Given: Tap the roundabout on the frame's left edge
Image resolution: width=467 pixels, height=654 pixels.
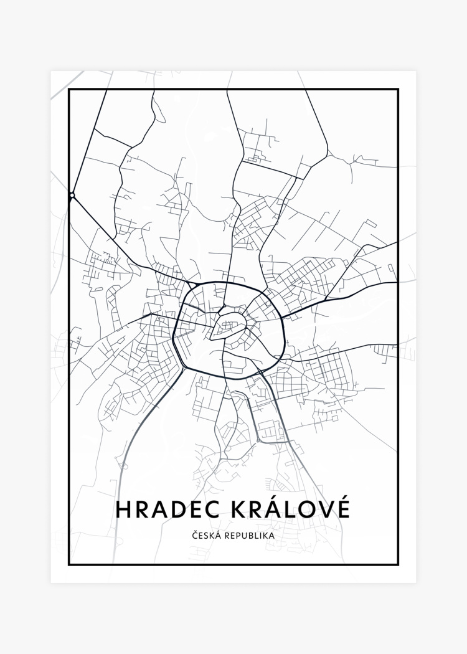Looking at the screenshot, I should (x=72, y=196).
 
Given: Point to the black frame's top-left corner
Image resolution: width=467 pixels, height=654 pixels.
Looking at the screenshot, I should (x=69, y=90).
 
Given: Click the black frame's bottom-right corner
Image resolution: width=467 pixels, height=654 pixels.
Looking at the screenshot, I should (x=398, y=564).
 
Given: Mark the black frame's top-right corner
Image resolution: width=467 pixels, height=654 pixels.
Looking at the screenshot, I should (x=398, y=90).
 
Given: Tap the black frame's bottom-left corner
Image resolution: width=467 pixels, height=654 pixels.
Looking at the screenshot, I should (x=69, y=564).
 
